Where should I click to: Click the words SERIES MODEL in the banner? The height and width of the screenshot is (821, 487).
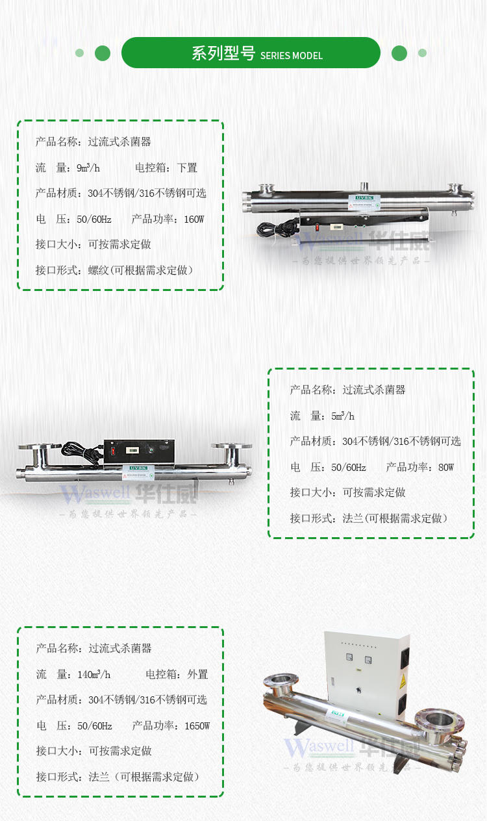(x=292, y=56)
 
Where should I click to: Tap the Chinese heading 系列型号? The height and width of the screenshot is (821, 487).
(x=223, y=54)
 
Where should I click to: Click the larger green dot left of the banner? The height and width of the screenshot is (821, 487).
(x=103, y=53)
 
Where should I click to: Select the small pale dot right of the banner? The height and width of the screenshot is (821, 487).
(x=422, y=53)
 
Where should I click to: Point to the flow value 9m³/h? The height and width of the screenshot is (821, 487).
(x=88, y=168)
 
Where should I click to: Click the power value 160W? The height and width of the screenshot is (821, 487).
(x=194, y=219)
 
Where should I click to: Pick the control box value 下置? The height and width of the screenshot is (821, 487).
(x=187, y=168)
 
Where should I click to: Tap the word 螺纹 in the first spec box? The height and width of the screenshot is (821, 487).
(x=98, y=270)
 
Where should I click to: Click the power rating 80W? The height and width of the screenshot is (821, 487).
(x=445, y=467)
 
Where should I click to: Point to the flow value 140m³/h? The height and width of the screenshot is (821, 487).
(x=94, y=674)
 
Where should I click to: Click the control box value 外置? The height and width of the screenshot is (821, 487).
(x=197, y=674)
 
